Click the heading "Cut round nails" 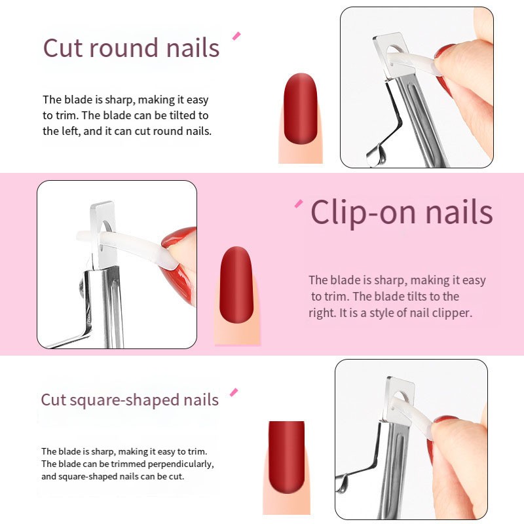(x=131, y=48)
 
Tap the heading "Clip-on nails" (x=402, y=212)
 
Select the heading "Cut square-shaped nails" (x=130, y=400)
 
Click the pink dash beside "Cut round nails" (x=236, y=35)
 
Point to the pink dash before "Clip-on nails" (x=299, y=204)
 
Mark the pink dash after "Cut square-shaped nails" (x=233, y=392)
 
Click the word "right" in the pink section (x=322, y=313)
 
